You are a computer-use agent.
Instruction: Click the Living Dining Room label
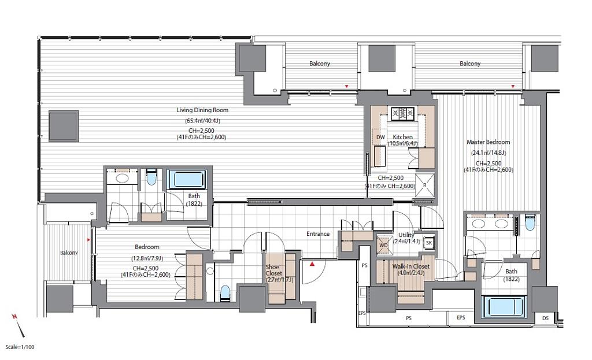click(202, 110)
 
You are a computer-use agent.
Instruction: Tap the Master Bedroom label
click(488, 142)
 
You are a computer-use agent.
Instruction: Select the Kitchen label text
click(402, 137)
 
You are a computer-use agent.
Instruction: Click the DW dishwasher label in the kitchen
click(380, 138)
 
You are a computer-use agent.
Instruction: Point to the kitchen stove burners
click(403, 113)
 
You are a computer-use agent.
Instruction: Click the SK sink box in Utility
click(429, 243)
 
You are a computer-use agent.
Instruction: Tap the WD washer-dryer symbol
click(383, 245)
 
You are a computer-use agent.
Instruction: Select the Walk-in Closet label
click(411, 266)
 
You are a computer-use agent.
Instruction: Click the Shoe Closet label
click(273, 270)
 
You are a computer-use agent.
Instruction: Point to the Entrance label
click(318, 234)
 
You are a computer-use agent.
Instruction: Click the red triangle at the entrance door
click(312, 264)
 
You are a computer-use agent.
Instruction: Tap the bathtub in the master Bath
click(505, 307)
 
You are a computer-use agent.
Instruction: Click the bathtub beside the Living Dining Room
click(187, 180)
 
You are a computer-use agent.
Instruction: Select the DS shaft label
click(545, 318)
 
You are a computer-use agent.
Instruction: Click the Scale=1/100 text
click(20, 347)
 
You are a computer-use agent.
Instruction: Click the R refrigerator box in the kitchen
click(425, 185)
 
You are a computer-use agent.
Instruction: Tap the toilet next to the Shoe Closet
click(225, 293)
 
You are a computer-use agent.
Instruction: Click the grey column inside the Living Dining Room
click(64, 126)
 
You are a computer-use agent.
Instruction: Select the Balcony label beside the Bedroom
click(69, 253)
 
